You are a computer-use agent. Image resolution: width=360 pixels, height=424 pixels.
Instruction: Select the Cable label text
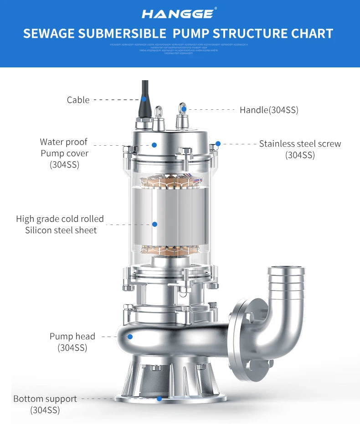click(78, 100)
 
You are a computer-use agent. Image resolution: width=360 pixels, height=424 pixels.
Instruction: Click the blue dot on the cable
click(143, 98)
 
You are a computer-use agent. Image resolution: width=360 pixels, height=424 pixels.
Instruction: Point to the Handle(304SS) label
click(269, 110)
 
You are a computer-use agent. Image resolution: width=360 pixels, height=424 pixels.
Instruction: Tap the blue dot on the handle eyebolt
click(183, 109)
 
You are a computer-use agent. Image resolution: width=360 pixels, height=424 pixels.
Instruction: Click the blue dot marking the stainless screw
click(218, 144)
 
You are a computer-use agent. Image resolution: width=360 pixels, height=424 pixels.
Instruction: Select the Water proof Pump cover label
click(64, 153)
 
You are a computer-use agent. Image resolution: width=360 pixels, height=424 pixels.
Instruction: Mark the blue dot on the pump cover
click(154, 145)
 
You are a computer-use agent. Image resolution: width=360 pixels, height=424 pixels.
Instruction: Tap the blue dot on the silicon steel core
click(154, 224)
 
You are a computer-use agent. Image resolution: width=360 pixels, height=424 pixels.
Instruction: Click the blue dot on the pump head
click(130, 337)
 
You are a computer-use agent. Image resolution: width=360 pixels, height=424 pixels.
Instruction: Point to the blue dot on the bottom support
click(159, 398)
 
